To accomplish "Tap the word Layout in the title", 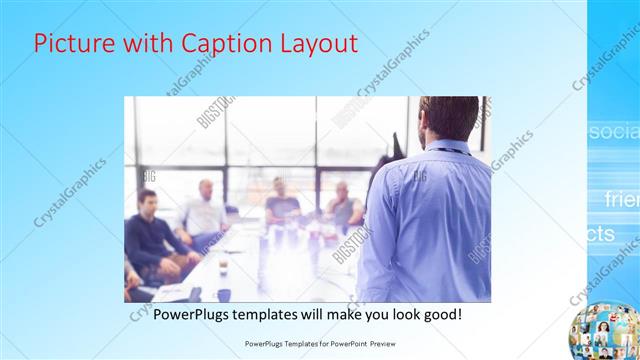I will [313, 44].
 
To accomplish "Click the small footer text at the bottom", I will [318, 342].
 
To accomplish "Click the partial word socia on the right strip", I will [613, 132].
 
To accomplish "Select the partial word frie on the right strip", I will [621, 199].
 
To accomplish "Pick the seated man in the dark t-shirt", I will [281, 205].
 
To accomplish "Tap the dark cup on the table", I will [223, 268].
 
